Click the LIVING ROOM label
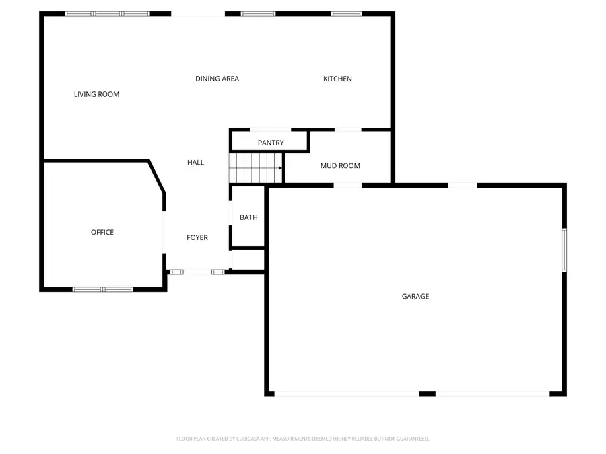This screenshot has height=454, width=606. (x=96, y=94)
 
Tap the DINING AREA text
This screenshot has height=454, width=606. (x=217, y=79)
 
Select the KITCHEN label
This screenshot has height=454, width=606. (x=337, y=79)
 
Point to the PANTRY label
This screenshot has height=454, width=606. (x=271, y=143)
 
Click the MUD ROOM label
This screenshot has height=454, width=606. (x=340, y=166)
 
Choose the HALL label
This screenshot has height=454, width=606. (x=195, y=163)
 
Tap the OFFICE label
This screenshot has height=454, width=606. (x=102, y=233)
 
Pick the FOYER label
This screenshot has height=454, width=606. (x=197, y=237)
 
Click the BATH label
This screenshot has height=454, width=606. (x=248, y=217)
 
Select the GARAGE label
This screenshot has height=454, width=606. (x=415, y=297)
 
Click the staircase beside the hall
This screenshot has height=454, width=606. (x=255, y=167)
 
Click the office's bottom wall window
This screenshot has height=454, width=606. (x=103, y=289)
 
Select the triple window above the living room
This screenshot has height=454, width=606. (x=108, y=13)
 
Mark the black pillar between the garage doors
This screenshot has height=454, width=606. (x=427, y=393)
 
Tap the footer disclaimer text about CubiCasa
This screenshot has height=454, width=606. (x=303, y=439)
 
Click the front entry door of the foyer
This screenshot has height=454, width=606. (x=197, y=272)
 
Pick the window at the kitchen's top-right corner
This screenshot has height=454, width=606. (x=346, y=13)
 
